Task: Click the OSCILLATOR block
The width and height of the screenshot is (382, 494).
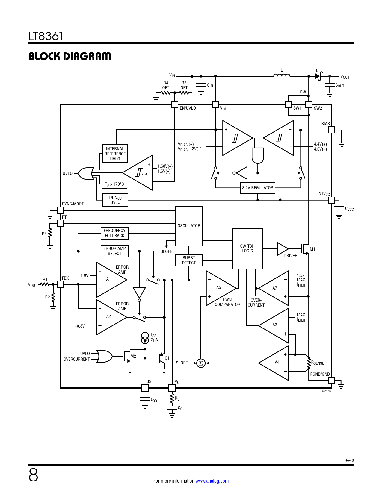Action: pyautogui.click(x=189, y=226)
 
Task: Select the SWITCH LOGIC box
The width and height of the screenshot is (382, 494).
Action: pyautogui.click(x=247, y=248)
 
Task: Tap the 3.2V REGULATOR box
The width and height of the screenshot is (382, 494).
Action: pyautogui.click(x=258, y=188)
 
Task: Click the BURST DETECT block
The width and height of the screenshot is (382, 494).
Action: pyautogui.click(x=189, y=260)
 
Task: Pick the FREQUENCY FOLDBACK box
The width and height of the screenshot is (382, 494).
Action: pyautogui.click(x=114, y=233)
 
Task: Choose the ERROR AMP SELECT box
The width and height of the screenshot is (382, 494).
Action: pyautogui.click(x=114, y=251)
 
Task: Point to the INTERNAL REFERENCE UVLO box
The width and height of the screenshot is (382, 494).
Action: pyautogui.click(x=115, y=154)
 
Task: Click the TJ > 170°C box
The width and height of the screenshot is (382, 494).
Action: pyautogui.click(x=114, y=184)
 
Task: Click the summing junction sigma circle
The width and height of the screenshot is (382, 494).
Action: pyautogui.click(x=201, y=363)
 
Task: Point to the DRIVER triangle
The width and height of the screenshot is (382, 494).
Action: pyautogui.click(x=282, y=249)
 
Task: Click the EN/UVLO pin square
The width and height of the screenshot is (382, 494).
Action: pyautogui.click(x=175, y=105)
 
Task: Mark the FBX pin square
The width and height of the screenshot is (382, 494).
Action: pyautogui.click(x=61, y=284)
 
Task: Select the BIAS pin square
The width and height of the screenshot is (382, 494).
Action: pyautogui.click(x=331, y=130)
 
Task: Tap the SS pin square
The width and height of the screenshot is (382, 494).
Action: pyautogui.click(x=145, y=388)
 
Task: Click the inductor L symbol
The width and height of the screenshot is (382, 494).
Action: pyautogui.click(x=282, y=75)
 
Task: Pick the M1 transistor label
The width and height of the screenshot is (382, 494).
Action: pyautogui.click(x=312, y=249)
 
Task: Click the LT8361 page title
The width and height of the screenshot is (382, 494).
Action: pyautogui.click(x=46, y=36)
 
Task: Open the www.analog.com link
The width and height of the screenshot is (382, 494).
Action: pyautogui.click(x=212, y=481)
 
